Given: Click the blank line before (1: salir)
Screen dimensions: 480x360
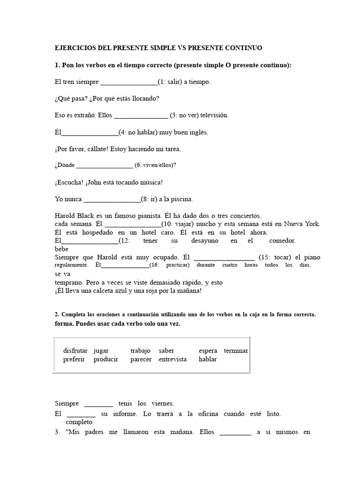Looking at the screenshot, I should click(x=129, y=82).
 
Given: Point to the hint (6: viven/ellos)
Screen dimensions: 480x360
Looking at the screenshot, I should click(x=155, y=165).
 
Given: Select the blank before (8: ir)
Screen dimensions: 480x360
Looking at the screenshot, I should click(x=112, y=199).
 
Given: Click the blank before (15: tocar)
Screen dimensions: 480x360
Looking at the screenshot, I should click(x=224, y=258).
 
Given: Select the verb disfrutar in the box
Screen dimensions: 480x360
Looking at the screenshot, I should click(x=75, y=351).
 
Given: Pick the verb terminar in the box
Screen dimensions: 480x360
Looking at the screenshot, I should click(x=236, y=351).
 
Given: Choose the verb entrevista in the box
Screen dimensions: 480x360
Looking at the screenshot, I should click(x=172, y=359).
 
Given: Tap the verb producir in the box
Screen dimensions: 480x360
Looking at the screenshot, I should click(x=106, y=359).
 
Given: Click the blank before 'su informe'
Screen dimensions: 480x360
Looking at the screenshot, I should click(x=81, y=414).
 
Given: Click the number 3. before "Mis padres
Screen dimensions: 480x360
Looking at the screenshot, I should click(x=57, y=432).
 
